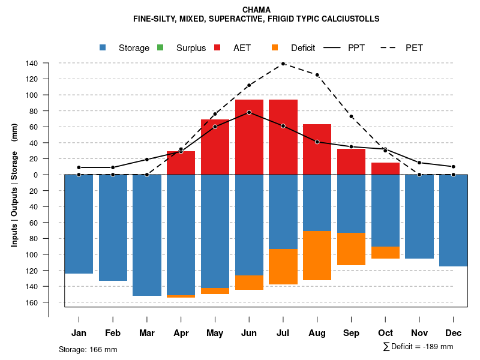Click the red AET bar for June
point(249,137)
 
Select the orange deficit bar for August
point(317,256)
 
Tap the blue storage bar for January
point(79,224)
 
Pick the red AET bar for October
point(386,169)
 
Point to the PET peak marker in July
point(283,64)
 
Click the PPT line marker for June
point(249,112)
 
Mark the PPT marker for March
point(147,159)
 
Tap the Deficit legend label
point(303,48)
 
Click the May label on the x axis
point(215,333)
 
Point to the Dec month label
point(454,333)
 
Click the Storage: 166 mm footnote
point(88,349)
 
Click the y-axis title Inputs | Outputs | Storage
point(14,198)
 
